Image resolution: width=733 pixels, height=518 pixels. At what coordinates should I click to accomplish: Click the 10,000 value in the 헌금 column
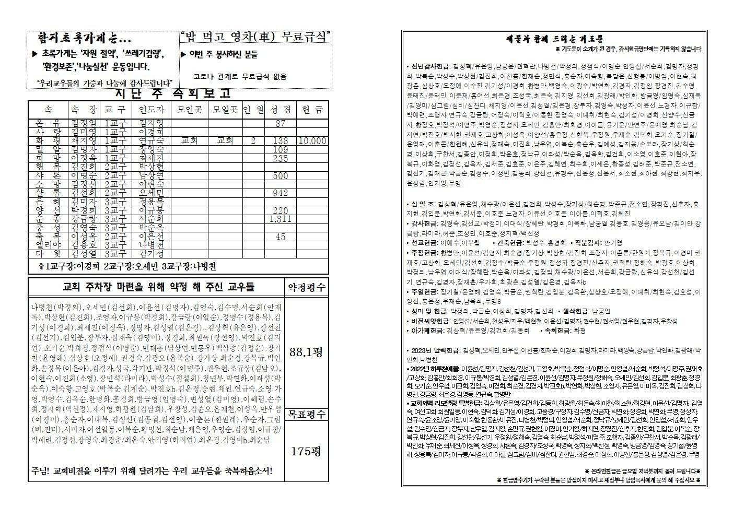point(312,141)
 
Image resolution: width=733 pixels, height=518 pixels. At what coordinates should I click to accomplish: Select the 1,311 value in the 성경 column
point(281,219)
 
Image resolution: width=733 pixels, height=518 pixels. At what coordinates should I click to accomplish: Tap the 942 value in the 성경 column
point(281,193)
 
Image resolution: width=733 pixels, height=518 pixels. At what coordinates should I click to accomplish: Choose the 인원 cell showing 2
point(253,141)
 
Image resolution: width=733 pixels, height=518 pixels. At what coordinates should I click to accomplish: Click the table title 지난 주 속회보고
point(172,94)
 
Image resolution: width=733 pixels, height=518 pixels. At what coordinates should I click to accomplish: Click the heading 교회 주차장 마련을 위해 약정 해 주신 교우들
point(158,287)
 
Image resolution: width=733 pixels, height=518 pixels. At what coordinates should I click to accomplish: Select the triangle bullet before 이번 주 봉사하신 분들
point(183,54)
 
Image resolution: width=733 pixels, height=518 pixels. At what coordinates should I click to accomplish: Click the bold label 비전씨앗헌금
point(432,321)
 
